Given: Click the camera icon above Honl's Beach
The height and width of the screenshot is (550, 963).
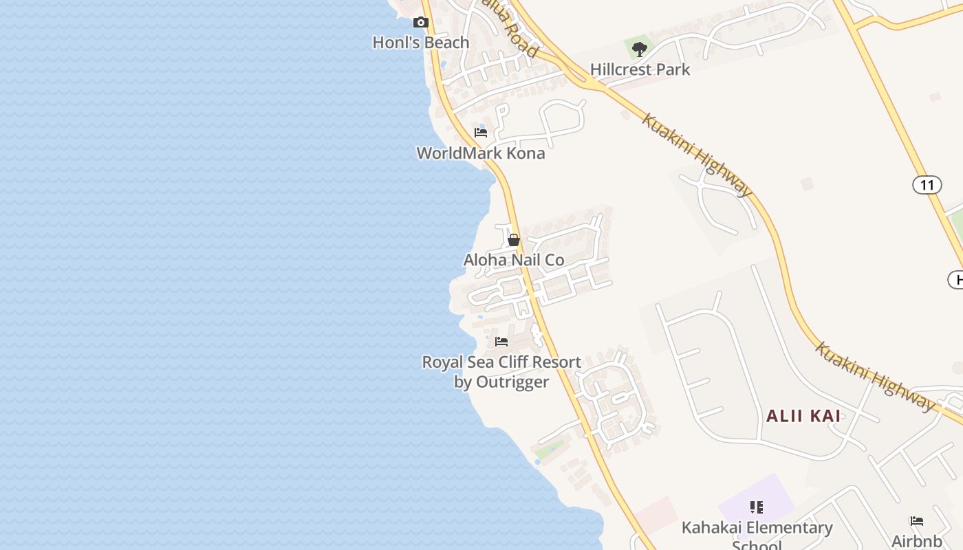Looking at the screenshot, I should [x=421, y=23].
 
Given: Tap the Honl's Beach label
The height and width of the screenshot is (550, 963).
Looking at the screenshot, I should [x=421, y=43].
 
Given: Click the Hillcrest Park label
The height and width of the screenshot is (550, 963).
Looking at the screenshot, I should [x=640, y=69].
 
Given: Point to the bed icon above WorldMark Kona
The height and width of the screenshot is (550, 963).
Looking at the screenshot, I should [x=481, y=132].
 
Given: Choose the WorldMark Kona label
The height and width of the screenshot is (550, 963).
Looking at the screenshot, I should [x=481, y=153].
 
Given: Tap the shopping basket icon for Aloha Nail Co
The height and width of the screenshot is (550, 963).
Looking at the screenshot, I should [x=514, y=240].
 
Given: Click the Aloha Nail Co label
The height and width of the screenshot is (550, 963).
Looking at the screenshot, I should [x=514, y=260].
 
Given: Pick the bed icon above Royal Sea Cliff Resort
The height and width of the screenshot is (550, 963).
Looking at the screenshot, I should [x=501, y=341].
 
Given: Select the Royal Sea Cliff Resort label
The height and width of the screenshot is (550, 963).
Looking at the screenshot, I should [x=501, y=362].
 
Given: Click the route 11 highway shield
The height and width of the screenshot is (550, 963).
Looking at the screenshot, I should [x=927, y=184].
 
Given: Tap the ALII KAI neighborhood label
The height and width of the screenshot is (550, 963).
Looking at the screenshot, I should [x=803, y=416].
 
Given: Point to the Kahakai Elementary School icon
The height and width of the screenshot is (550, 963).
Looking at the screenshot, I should [x=757, y=507].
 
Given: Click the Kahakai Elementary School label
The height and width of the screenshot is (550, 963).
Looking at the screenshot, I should [x=757, y=529].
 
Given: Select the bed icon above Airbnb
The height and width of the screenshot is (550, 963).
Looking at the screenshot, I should [x=917, y=521].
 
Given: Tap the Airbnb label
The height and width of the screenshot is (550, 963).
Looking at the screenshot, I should [x=917, y=541].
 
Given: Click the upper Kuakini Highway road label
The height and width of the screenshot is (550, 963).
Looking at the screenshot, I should [x=697, y=155].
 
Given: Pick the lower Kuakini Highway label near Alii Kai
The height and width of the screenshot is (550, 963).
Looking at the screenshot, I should [x=875, y=376].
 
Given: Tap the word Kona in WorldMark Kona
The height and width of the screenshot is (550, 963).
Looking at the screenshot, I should [x=526, y=153].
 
